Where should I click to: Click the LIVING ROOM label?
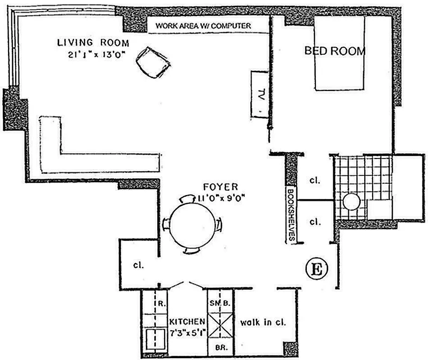pyautogui.click(x=93, y=42)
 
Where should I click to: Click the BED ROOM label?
pyautogui.click(x=335, y=51)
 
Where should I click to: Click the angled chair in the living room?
pyautogui.click(x=153, y=62)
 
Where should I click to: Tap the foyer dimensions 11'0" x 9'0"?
pyautogui.click(x=222, y=198)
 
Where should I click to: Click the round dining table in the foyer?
pyautogui.click(x=193, y=224)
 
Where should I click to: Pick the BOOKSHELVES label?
pyautogui.click(x=291, y=215)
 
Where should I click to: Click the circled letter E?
pyautogui.click(x=316, y=270)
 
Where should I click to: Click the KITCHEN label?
pyautogui.click(x=187, y=322)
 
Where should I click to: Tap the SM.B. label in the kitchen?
pyautogui.click(x=220, y=303)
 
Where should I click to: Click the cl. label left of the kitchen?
pyautogui.click(x=138, y=265)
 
